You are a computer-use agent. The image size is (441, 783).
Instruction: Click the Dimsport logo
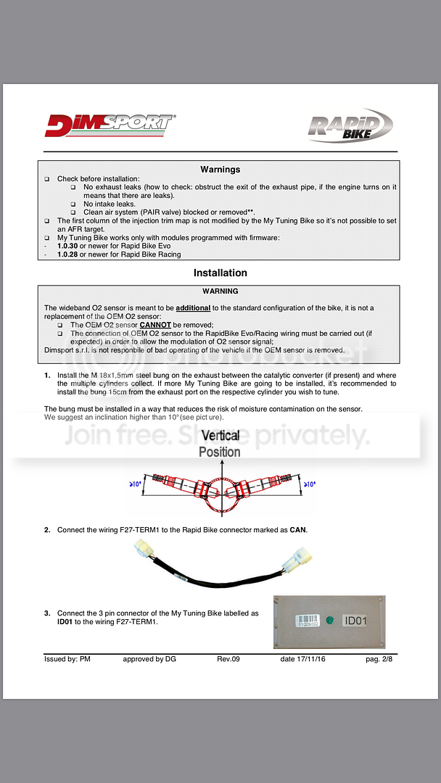110,124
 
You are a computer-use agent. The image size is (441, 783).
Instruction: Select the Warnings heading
220,170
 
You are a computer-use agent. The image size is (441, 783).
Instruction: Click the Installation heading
220,273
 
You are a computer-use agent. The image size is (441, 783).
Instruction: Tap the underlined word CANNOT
155,325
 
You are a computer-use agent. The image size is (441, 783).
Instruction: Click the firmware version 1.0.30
69,246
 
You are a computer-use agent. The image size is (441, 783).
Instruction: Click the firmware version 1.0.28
69,254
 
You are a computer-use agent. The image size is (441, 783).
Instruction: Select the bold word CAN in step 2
298,530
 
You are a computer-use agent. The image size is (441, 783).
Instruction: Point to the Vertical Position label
220,444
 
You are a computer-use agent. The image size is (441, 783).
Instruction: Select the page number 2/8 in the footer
382,659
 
